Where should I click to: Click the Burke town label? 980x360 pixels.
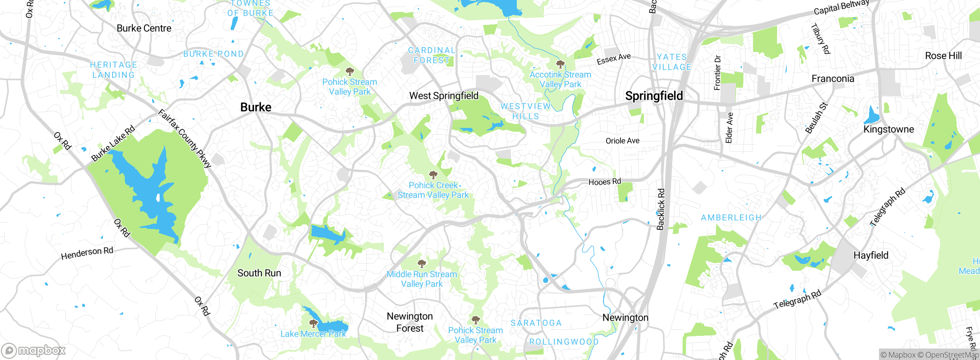pos(256,107)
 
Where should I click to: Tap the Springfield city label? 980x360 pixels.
pos(654,96)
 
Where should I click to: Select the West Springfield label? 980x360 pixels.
pos(444,96)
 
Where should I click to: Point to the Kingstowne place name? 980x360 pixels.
pos(889,129)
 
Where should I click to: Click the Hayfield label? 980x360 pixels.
pos(871,255)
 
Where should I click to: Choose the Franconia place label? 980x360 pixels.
pos(833,79)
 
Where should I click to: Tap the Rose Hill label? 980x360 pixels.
pos(943,56)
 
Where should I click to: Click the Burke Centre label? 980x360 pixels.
pos(144,28)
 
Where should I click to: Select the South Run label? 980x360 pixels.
pos(259,273)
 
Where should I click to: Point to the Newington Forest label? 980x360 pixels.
pos(410,322)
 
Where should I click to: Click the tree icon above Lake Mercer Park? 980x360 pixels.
pos(314,324)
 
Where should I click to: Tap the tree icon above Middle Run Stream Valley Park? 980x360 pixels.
pos(421,263)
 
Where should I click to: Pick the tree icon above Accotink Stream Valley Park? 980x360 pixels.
pos(560,64)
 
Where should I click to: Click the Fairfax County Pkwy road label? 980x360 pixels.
pos(185,139)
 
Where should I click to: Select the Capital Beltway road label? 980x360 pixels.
pos(841,8)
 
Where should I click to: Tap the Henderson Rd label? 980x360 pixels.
pos(87,253)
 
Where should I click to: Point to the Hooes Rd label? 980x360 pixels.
pos(604,182)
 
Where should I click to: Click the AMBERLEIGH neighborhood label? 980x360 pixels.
pos(731,218)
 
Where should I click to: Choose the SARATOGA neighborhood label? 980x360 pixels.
pos(536,323)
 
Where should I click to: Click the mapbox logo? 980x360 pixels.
pos(34,350)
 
